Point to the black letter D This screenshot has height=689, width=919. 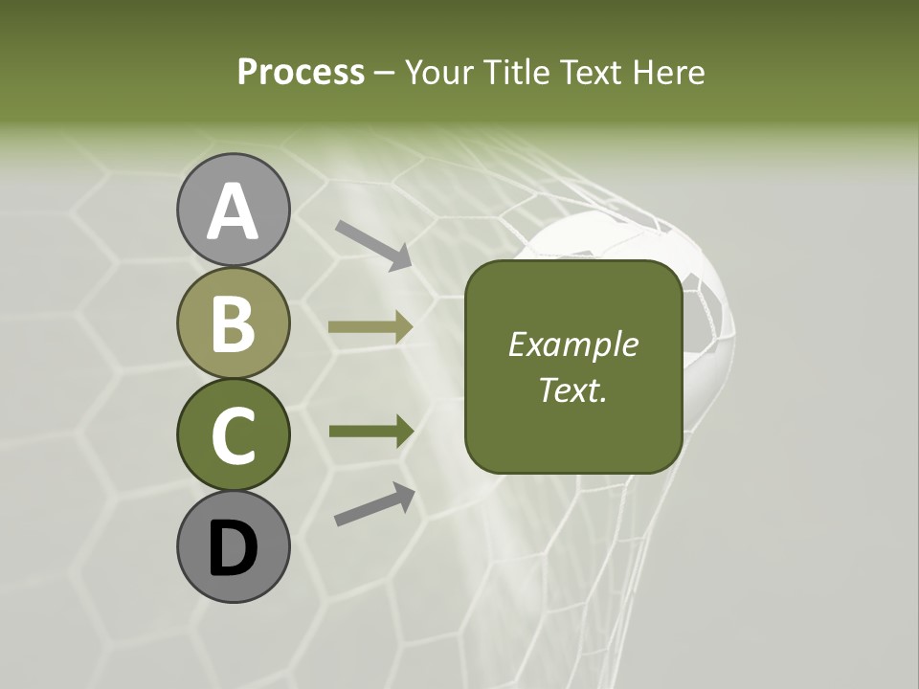click(x=233, y=548)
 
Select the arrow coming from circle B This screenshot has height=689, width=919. click(x=370, y=326)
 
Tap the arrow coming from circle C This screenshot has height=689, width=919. click(x=370, y=432)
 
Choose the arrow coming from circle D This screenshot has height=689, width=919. click(x=374, y=504)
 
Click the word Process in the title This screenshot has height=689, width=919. click(x=301, y=72)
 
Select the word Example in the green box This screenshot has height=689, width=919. click(x=572, y=344)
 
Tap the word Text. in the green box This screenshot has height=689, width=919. click(x=572, y=389)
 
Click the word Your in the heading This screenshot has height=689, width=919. click(x=439, y=72)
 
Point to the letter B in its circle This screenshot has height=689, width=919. click(x=233, y=323)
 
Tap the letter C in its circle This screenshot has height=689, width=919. click(x=233, y=435)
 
